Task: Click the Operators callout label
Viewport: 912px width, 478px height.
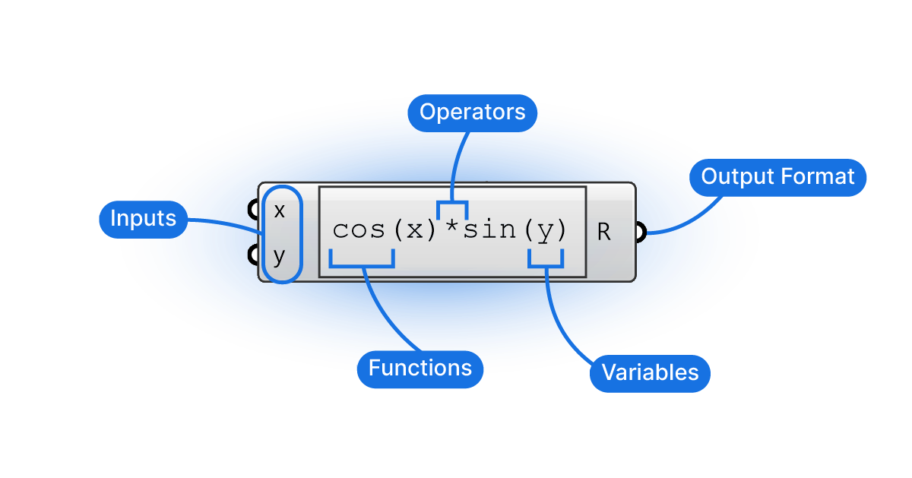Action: [472, 112]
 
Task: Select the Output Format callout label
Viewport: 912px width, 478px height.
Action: [777, 178]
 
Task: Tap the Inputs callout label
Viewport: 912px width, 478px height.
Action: [144, 220]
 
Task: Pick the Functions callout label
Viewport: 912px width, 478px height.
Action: [420, 369]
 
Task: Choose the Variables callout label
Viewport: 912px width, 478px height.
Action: [651, 373]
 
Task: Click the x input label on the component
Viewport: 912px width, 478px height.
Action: [280, 211]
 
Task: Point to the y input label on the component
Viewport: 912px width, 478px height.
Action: [279, 258]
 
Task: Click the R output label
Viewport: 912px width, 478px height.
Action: [603, 232]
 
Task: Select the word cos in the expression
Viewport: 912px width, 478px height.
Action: [359, 230]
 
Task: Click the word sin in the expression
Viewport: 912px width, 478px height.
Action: [489, 230]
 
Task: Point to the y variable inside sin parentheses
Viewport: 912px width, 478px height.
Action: [546, 232]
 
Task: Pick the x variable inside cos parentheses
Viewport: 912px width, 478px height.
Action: [415, 231]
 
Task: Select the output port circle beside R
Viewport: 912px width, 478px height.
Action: [641, 232]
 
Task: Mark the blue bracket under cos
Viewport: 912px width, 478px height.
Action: [362, 266]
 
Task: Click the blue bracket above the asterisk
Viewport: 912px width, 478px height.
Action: [452, 202]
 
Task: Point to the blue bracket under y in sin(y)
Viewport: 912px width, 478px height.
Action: [546, 266]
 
